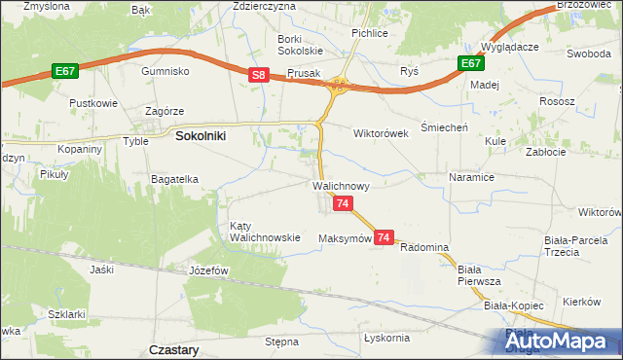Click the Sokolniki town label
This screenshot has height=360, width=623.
tap(201, 137)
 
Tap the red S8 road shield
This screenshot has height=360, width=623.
tap(258, 74)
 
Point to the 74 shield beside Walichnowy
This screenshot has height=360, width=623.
tap(343, 203)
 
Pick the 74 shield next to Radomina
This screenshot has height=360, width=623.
tap(384, 237)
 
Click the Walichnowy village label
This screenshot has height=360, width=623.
tap(340, 184)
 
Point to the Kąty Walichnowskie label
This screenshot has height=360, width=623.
tap(264, 232)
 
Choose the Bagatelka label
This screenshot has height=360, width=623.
tap(176, 179)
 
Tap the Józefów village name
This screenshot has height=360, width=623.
tap(207, 270)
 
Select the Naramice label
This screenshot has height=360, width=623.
tap(472, 178)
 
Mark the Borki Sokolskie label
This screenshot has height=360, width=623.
tap(299, 43)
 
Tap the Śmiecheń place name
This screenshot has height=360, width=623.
tap(444, 127)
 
